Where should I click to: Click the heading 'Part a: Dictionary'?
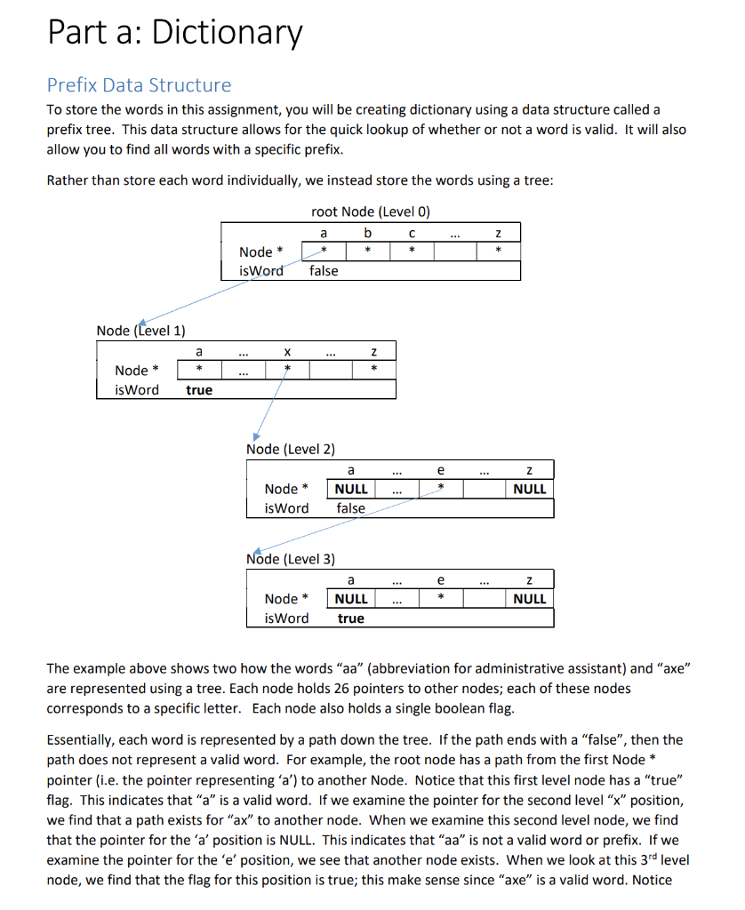coord(174,33)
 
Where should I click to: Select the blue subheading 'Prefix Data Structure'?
coord(139,85)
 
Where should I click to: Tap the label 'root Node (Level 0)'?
coord(371,212)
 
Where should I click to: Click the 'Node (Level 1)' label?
coord(140,331)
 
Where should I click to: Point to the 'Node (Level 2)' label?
coord(291,450)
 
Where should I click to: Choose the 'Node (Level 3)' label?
coord(291,559)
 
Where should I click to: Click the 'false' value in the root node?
coord(323,271)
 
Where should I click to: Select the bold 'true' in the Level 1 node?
coord(199,390)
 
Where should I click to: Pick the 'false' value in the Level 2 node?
coord(350,508)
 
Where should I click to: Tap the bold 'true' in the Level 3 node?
coord(350,619)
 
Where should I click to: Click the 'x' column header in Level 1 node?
coord(286,352)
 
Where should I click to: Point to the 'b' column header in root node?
coord(367,233)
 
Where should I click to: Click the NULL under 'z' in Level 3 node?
coord(529,599)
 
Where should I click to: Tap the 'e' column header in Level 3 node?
coord(439,580)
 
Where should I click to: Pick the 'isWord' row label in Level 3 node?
coord(286,619)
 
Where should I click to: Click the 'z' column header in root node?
coord(499,233)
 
